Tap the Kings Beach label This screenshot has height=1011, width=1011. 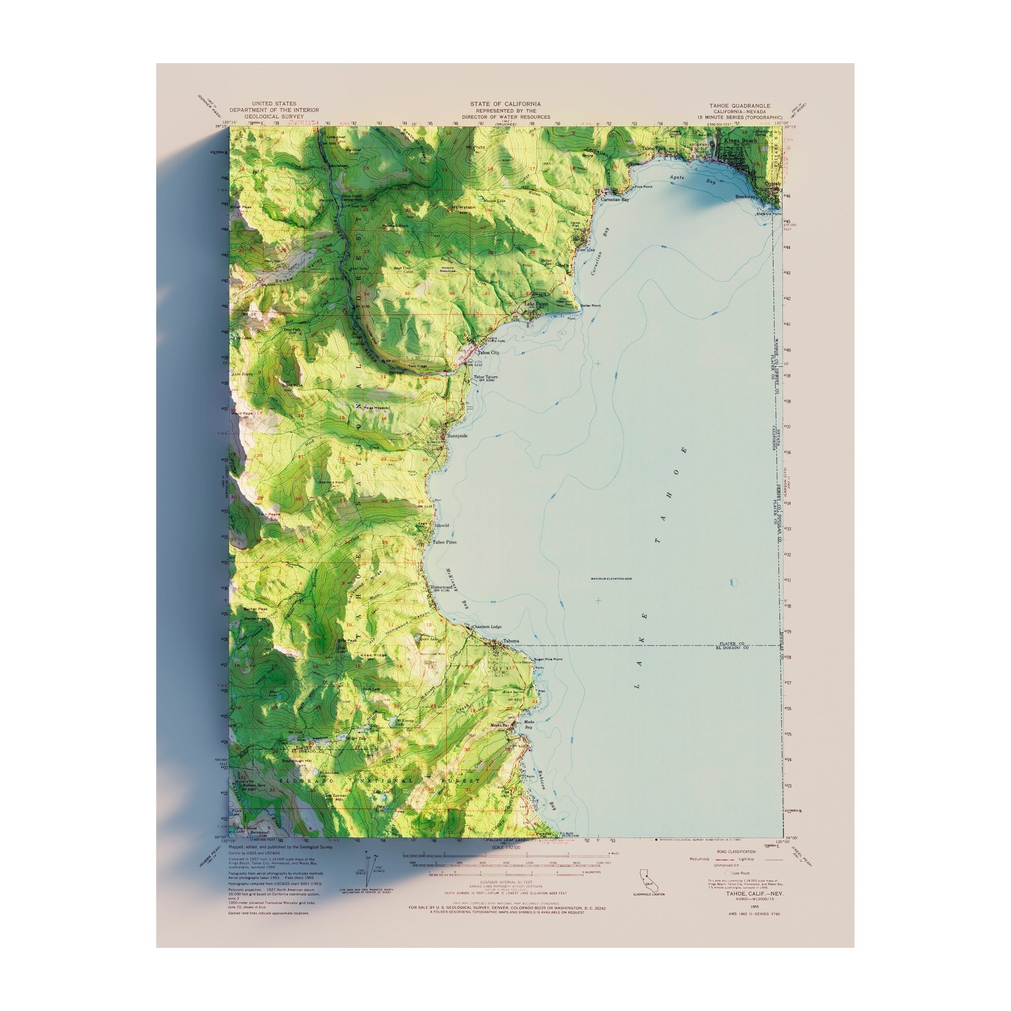(737, 141)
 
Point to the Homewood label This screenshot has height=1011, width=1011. (441, 587)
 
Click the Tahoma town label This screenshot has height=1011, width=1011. (511, 642)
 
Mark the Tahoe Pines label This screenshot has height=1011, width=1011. (444, 543)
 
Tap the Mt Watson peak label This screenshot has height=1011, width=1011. (463, 207)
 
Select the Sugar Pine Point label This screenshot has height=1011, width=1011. (548, 660)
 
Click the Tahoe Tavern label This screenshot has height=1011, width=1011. (486, 377)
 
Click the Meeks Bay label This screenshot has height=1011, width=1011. (500, 725)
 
